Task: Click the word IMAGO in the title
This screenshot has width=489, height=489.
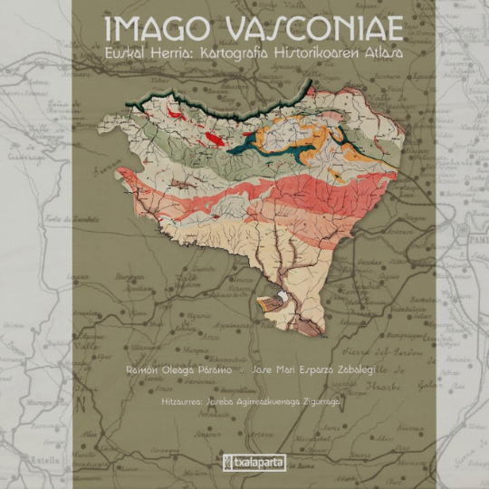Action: [143, 28]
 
